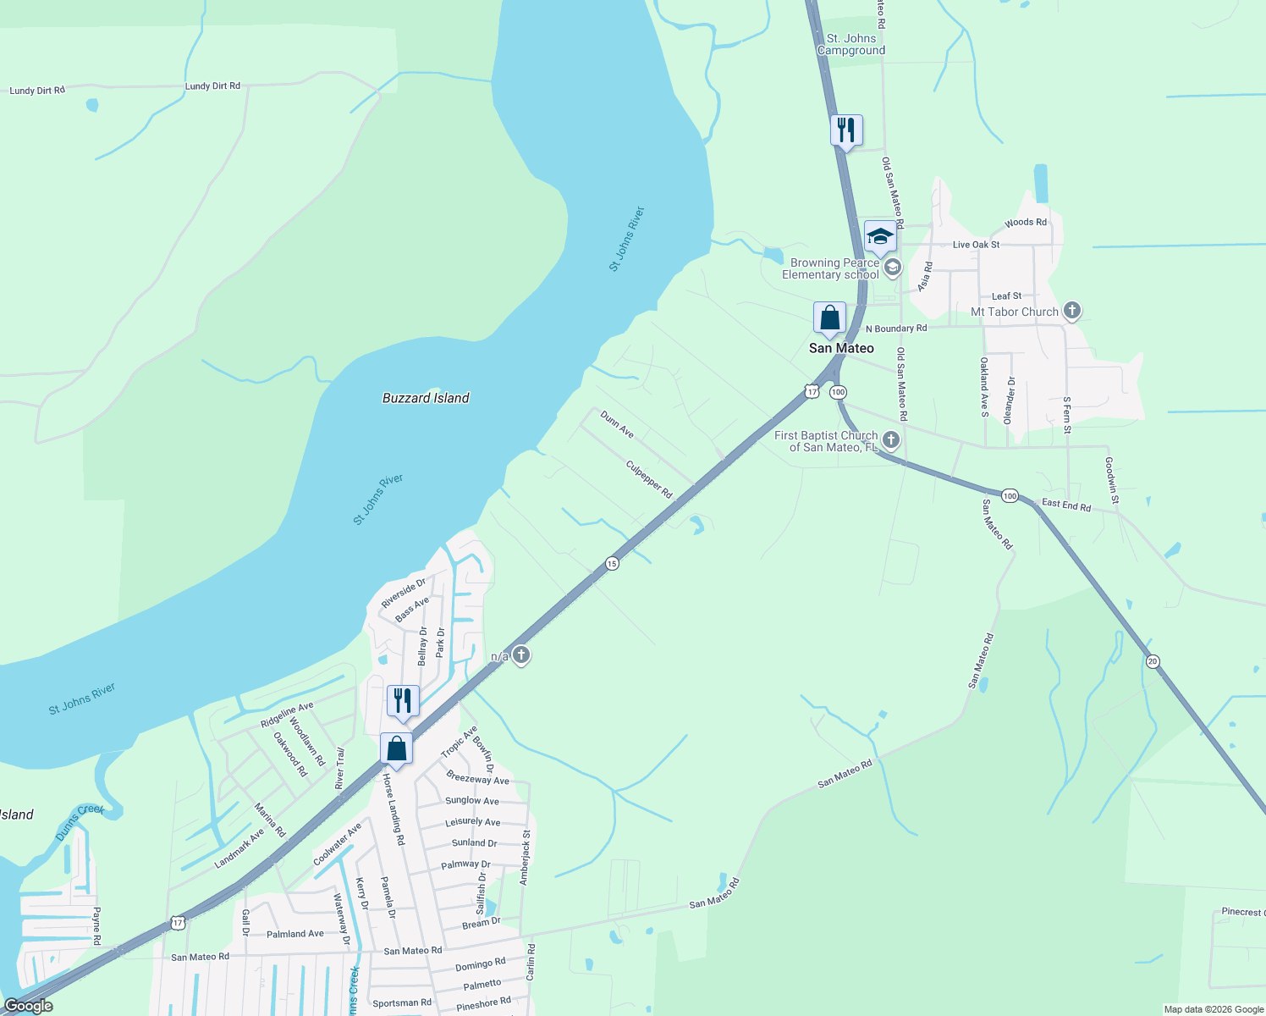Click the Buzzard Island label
coord(426,398)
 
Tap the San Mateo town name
coord(841,348)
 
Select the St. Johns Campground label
coord(851,44)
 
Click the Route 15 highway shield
coord(612,563)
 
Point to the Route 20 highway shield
coord(1153,661)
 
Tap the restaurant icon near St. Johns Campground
coord(846,130)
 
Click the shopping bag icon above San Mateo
coord(830,318)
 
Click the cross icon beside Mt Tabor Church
coord(1072,311)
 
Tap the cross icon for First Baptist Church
coord(890,439)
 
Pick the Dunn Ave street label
coord(617,424)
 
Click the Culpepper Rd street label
coord(649,479)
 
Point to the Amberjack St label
coord(526,857)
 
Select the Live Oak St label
coord(976,245)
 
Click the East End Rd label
coord(1066,505)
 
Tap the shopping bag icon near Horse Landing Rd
coord(396,748)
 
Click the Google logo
coord(29,1006)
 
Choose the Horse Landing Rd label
coord(394,809)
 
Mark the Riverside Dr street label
coord(403,593)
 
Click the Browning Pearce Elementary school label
coord(830,268)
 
